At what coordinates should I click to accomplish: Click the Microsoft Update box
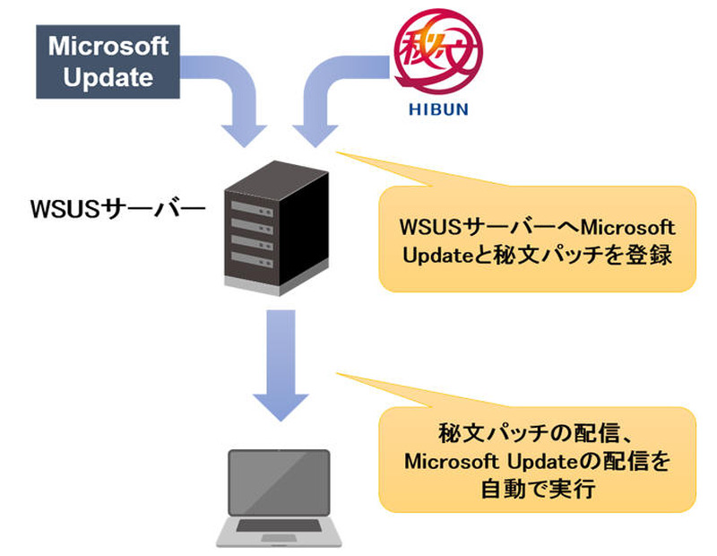tap(102, 62)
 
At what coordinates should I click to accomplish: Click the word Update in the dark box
tap(102, 77)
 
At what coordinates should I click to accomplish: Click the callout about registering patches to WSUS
tap(538, 239)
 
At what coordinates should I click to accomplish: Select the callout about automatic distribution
tap(538, 459)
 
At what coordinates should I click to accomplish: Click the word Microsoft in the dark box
tap(102, 46)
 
